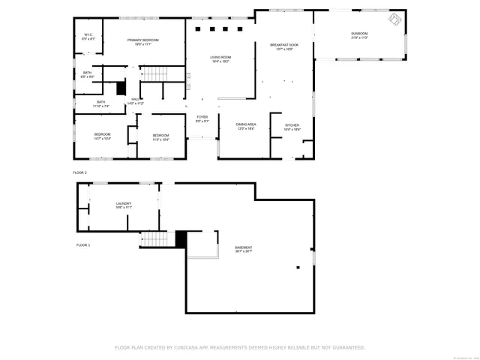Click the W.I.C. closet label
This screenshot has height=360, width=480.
tap(88, 35)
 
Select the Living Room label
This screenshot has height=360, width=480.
tap(220, 58)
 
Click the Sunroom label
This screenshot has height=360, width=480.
tap(360, 35)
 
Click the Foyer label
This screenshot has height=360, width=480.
tap(202, 118)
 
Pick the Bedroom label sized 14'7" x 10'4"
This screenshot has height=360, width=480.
tap(102, 136)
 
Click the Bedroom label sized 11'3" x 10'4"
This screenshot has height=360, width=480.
tap(160, 136)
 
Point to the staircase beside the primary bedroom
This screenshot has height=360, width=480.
tap(153, 73)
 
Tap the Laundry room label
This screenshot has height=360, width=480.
tap(124, 205)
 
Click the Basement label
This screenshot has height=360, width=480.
tap(243, 249)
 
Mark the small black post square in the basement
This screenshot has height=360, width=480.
tap(298, 266)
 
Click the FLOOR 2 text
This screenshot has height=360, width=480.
tap(81, 172)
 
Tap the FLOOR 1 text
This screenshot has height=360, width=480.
tap(82, 245)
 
